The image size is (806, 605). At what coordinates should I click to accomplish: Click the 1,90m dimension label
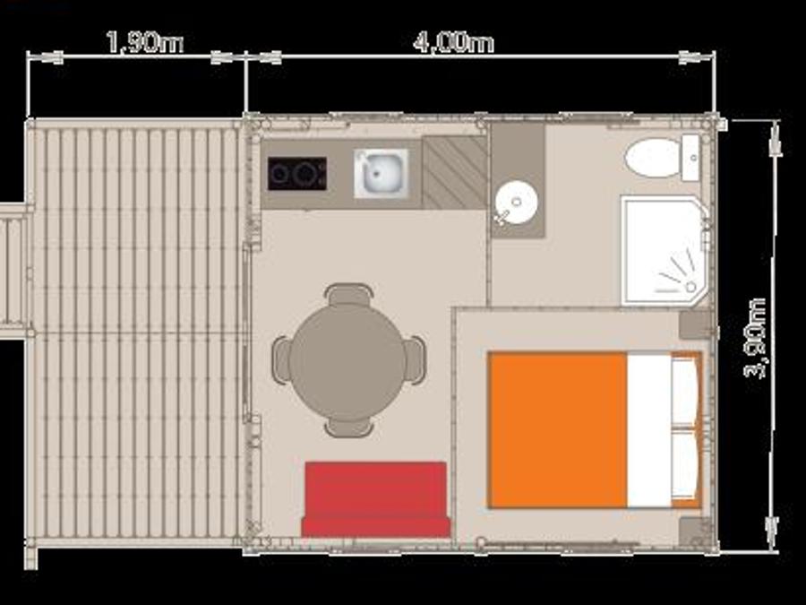coord(144,42)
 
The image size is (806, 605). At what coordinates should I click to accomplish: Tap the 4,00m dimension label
coord(453,42)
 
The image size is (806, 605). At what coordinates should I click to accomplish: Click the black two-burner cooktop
coord(297,173)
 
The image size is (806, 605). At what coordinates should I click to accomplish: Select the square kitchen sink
coord(381,173)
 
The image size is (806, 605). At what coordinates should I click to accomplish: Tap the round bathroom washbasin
coord(516,203)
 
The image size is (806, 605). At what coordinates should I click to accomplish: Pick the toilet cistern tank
coord(690,158)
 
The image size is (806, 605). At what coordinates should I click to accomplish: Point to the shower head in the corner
coord(690,286)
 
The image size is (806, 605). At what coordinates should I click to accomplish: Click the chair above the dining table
coord(348,295)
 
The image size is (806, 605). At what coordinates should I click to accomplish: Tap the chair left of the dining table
coord(282,360)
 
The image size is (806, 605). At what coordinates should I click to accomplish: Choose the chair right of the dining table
coord(415,360)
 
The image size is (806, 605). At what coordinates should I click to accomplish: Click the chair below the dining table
coord(349,428)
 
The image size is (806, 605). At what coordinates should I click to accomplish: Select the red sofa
coord(376,499)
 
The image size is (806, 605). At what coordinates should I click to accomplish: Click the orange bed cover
coord(558,430)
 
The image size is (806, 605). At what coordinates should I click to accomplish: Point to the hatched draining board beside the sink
coord(454,172)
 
